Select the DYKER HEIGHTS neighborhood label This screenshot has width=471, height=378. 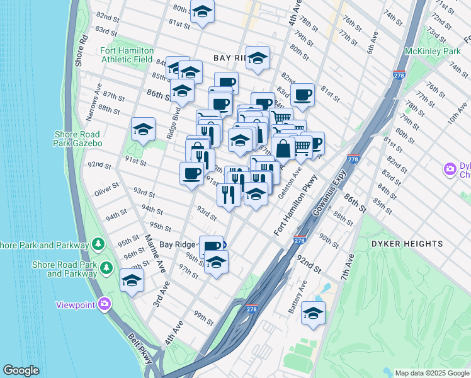[x=416, y=244]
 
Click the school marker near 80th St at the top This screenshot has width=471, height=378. [x=202, y=12]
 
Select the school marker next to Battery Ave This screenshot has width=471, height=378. [x=313, y=313]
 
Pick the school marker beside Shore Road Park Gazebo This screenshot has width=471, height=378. [x=143, y=129]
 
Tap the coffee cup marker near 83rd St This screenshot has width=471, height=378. [x=303, y=95]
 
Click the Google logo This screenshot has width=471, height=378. [x=21, y=370]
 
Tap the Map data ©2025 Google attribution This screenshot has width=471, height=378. [x=432, y=373]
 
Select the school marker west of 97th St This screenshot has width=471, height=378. [x=132, y=281]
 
